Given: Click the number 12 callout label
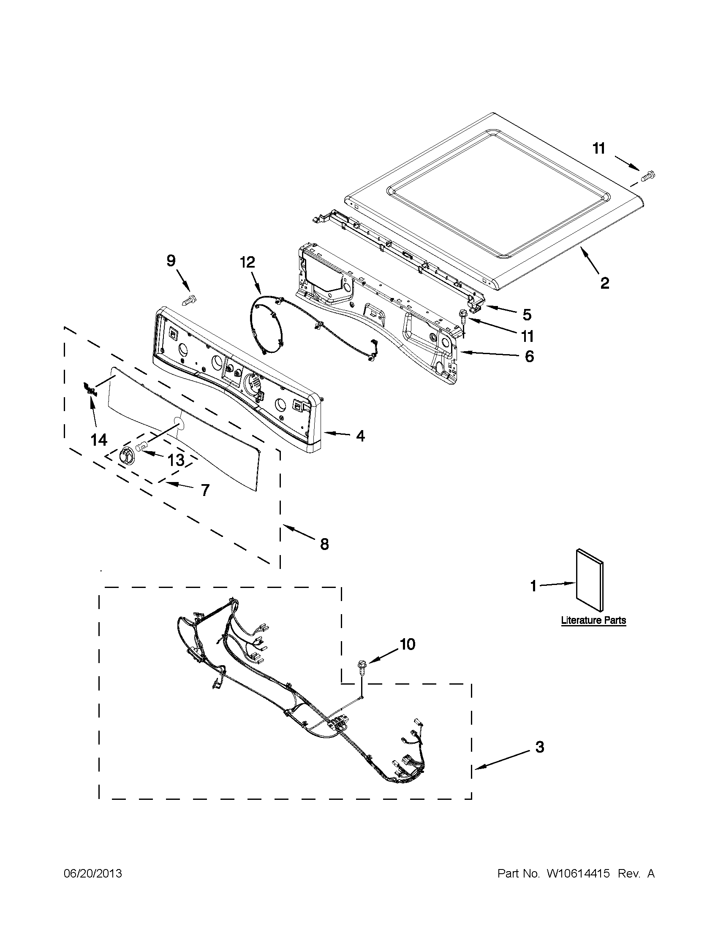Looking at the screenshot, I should click(247, 262).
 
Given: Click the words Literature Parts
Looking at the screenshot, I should click(593, 620).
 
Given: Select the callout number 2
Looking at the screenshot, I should click(604, 283).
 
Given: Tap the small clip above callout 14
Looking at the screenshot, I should click(90, 388).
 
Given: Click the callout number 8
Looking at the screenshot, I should click(325, 544).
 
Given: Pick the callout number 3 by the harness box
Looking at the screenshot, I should click(540, 747).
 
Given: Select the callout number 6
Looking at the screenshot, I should click(529, 357).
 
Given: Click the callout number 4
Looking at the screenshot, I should click(361, 436).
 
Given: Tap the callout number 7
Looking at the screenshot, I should click(205, 490).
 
